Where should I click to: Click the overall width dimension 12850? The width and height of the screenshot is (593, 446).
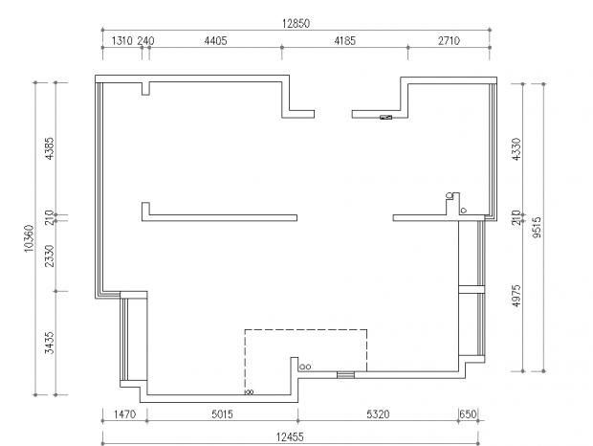pos(296,24)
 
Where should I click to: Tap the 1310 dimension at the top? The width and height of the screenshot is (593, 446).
pos(122,41)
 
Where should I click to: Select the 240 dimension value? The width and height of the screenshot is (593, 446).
pos(145,41)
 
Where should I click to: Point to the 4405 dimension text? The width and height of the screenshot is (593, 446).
pos(215,41)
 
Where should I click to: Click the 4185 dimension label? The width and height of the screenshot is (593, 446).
pos(345,41)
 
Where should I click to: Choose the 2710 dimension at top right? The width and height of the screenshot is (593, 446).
pos(449,41)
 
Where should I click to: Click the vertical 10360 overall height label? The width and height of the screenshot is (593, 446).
pos(29,238)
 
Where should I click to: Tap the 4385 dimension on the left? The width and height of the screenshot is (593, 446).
pos(50,148)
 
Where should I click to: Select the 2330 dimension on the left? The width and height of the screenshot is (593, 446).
pos(50,256)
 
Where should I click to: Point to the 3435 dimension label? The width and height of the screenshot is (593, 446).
pos(50,343)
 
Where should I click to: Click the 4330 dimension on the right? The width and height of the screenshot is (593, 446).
pos(516,149)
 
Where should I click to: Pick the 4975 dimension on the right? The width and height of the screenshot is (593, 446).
pos(516,296)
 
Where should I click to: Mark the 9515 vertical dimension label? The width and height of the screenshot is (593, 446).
pos(537,227)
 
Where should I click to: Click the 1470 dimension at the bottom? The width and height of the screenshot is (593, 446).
pos(124,414)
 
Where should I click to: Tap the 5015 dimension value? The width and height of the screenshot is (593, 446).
pos(222,414)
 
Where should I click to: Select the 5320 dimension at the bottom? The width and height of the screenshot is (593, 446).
pos(378,414)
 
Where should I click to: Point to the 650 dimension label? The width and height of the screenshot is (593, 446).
pos(468,414)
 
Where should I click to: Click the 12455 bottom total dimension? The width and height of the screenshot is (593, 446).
pos(290,437)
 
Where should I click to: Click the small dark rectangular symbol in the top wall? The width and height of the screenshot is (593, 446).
pos(385,118)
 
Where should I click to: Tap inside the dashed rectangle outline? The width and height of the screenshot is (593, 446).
pos(305,348)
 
